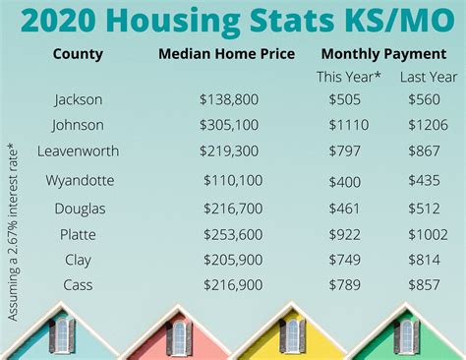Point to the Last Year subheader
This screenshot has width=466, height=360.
(x=429, y=77)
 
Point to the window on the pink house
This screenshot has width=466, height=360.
(x=178, y=337)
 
